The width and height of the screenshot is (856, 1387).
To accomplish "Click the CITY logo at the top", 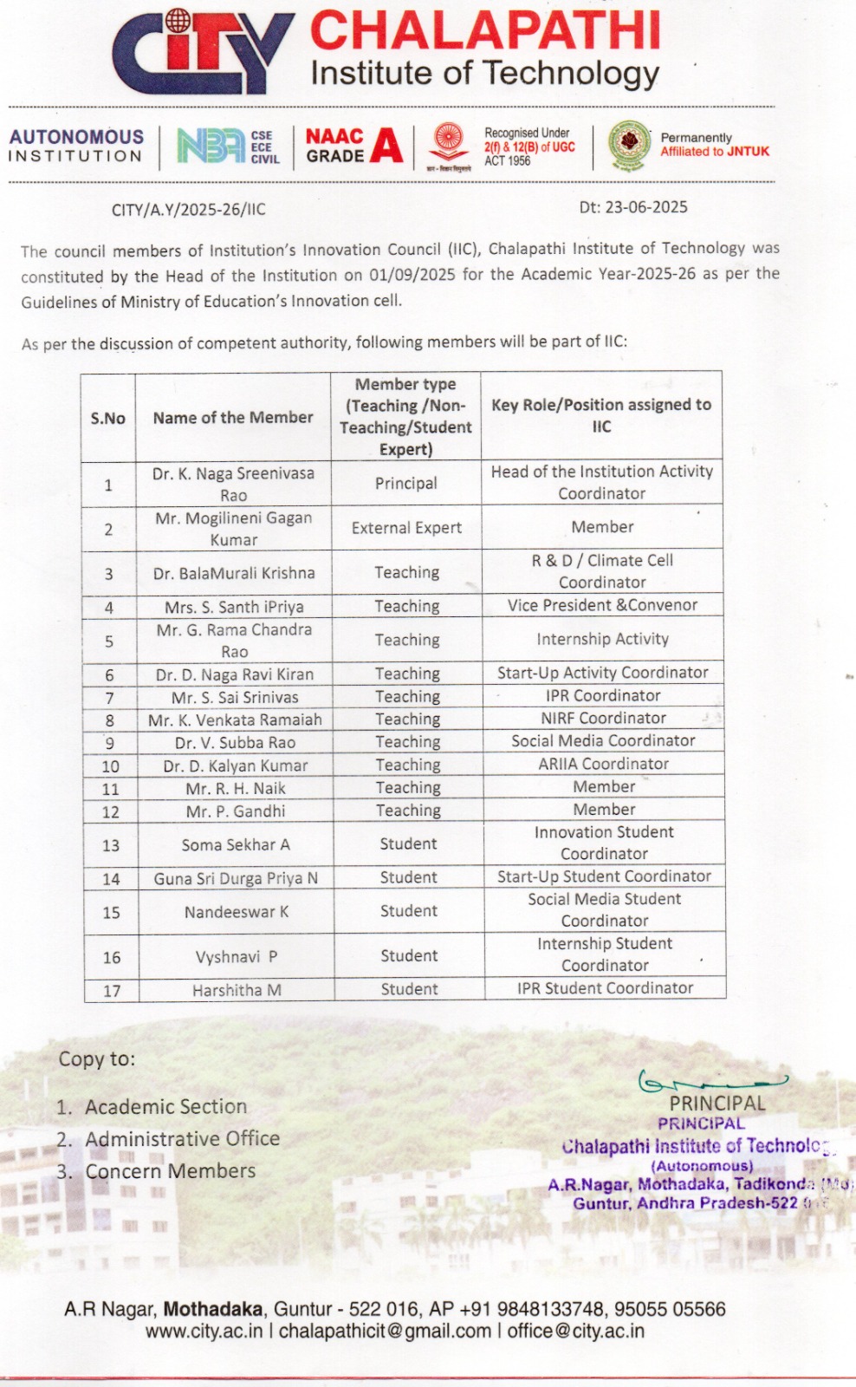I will [x=202, y=52].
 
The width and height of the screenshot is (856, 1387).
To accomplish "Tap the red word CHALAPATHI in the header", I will [x=485, y=31].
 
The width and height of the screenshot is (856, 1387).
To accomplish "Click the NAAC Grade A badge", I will [x=353, y=146].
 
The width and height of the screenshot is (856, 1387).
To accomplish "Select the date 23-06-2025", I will [x=633, y=207].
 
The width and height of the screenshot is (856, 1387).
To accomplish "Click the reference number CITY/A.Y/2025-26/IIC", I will [x=189, y=210].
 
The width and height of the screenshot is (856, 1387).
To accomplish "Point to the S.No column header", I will [x=108, y=418].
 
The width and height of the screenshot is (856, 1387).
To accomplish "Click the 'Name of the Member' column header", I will [x=233, y=417].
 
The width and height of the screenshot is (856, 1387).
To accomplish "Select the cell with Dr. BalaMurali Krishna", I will [x=234, y=573].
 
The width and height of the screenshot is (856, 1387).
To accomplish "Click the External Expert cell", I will [x=406, y=528].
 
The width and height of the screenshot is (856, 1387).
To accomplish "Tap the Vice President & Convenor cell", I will [x=602, y=605].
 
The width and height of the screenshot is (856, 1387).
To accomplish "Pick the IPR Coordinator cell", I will [x=603, y=695].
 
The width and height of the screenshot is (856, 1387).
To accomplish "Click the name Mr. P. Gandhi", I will [x=236, y=811].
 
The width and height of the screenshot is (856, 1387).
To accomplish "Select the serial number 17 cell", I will [x=112, y=991].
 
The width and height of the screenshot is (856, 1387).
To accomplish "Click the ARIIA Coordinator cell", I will [x=603, y=764].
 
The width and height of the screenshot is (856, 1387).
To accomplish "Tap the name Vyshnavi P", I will [x=237, y=957].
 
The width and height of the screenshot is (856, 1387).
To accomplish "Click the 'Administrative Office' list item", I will [x=182, y=1139].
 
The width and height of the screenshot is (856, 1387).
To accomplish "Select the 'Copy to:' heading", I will [x=97, y=1059].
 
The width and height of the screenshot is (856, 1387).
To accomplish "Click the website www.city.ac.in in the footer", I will [x=204, y=1332].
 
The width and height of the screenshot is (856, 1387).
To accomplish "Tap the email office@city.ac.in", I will [x=575, y=1332].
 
